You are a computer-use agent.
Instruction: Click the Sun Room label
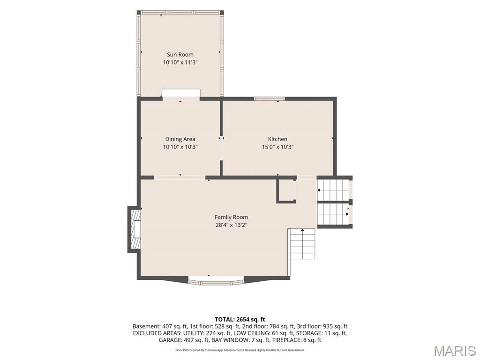180,54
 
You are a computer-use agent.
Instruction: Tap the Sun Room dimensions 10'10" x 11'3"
180,62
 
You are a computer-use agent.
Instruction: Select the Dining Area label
180,139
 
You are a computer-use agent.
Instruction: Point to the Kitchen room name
277,139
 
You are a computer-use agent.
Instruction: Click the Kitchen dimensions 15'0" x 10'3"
277,147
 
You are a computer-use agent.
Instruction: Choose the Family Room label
231,217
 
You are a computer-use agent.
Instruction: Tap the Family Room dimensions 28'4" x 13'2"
231,225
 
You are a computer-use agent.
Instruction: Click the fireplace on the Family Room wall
134,229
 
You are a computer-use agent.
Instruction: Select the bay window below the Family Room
216,282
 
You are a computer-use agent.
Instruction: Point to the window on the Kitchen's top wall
270,98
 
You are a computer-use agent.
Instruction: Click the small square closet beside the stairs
286,191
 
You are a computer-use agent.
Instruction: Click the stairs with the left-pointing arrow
333,190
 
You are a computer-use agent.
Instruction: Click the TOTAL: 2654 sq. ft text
240,320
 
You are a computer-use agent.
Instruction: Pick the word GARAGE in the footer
169,340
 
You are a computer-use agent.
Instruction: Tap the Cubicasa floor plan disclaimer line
240,350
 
